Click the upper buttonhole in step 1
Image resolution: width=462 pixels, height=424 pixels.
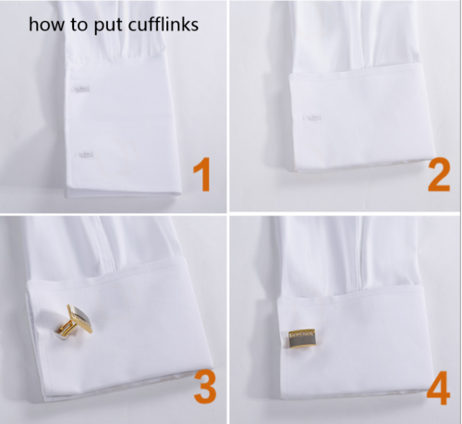tap(81, 89)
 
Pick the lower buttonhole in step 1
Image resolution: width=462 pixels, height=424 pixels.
tap(82, 151)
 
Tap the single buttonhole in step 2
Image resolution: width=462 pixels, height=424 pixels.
tap(314, 117)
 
